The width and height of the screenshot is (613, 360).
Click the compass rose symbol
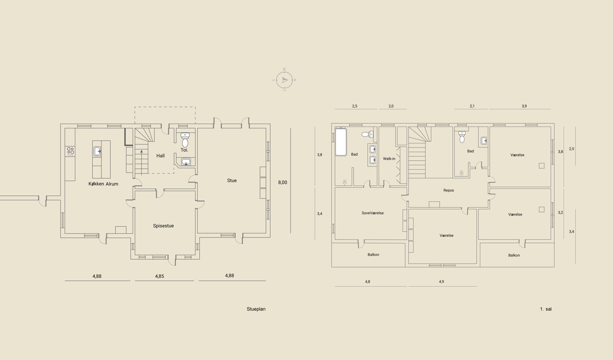(284, 80)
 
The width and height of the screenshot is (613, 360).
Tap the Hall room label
(161, 155)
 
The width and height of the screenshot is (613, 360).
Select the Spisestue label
(163, 226)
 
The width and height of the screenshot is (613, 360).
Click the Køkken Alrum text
(103, 184)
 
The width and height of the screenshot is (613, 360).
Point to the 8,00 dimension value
(283, 182)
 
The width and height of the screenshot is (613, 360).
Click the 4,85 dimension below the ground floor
(159, 276)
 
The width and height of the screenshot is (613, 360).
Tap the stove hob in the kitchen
(70, 151)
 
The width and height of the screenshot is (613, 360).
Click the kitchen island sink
(97, 151)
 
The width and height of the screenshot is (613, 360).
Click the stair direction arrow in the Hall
(141, 162)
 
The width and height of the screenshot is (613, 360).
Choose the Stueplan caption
(256, 309)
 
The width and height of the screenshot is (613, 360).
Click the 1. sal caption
(546, 309)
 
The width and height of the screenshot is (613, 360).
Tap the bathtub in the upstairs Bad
(341, 142)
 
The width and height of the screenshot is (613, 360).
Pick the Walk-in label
(389, 159)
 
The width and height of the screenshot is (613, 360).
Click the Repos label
(449, 190)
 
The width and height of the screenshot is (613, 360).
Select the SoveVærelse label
(373, 213)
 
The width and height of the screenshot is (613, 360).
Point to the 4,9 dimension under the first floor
(441, 281)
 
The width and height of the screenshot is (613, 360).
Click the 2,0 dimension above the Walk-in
(391, 106)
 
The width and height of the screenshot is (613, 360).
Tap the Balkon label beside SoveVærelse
(373, 255)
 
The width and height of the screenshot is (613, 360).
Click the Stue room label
(232, 180)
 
